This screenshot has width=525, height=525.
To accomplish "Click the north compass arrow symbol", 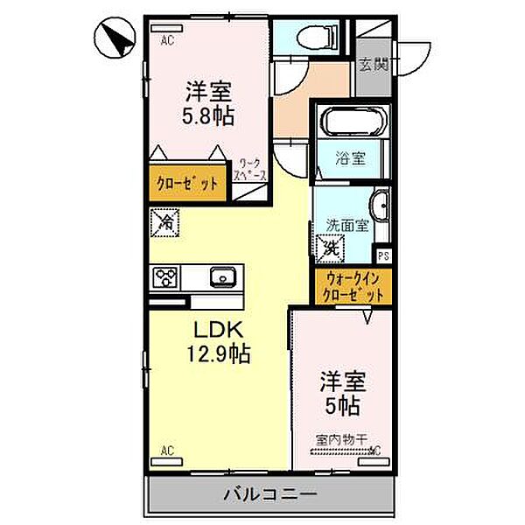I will pos(115,38).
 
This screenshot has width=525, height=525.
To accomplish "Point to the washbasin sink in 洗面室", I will pos(381,207).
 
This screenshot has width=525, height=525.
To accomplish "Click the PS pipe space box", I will pos(383,255).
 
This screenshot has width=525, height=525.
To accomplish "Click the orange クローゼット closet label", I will pos(188,184).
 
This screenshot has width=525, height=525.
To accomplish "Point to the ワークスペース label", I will pos(251,170).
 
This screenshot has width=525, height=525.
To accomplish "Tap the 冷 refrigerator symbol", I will pos(164,223).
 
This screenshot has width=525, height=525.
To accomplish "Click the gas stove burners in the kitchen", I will pos(165,278).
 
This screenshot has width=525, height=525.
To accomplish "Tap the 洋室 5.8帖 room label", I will pos(208,101).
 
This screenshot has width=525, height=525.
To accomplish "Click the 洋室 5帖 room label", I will pos(341,393).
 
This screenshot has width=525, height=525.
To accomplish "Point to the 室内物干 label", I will pos(341,441).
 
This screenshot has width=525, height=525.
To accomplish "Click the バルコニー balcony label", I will pos(267,493).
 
